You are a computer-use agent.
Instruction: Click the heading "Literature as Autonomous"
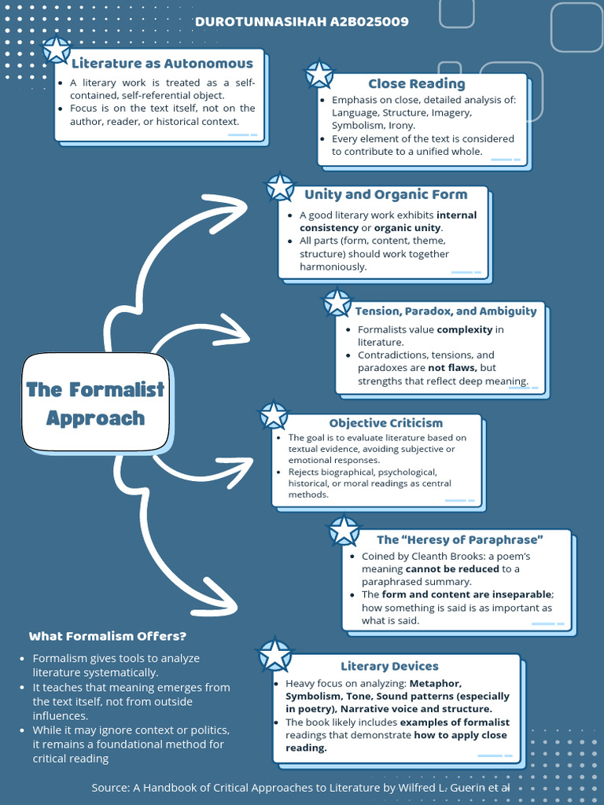pos(162,64)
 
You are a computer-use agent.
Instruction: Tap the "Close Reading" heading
pos(416,84)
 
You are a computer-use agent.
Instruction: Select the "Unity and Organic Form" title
pos(385,194)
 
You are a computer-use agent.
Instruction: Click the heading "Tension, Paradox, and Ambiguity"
pos(445,311)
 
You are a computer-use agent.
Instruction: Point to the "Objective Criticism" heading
pos(385,423)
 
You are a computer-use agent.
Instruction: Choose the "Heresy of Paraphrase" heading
pos(459,539)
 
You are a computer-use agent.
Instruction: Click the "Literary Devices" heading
pos(389,666)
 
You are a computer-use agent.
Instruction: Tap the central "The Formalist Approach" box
pos(95,403)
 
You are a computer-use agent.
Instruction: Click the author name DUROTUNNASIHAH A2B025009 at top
pos(301,22)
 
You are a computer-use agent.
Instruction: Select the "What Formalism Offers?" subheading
pos(107,636)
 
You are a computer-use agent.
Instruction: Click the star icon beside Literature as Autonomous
pos(56,50)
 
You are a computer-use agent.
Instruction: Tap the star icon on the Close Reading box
pos(319,75)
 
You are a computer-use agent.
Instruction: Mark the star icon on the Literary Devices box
pos(275,656)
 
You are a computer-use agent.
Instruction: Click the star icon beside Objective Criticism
pos(274,415)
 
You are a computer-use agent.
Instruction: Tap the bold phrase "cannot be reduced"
pos(452,568)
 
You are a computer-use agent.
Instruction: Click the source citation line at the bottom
pos(300,787)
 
